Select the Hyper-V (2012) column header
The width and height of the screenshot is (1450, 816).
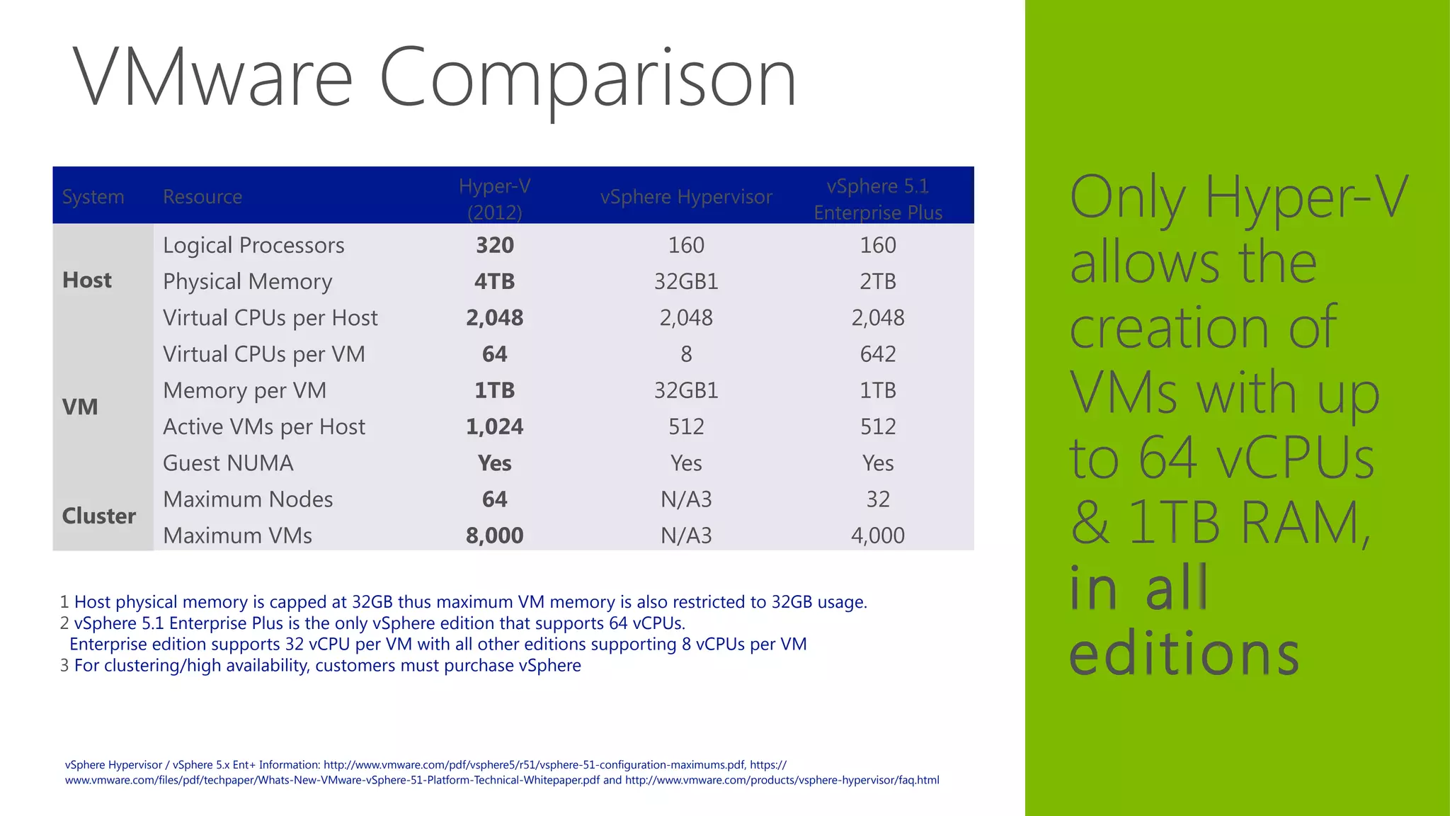click(494, 198)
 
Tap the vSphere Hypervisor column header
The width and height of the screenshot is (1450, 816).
click(686, 197)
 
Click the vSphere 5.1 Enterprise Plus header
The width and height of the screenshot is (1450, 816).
click(878, 198)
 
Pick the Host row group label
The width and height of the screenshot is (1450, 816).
click(87, 280)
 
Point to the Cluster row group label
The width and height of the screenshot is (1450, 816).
click(99, 516)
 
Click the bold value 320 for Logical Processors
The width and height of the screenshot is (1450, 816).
click(494, 245)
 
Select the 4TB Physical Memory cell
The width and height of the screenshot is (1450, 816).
click(494, 281)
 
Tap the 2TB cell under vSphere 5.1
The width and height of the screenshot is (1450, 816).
click(878, 281)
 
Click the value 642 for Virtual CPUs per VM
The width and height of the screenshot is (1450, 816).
click(878, 354)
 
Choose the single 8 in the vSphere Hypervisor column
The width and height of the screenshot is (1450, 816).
click(686, 354)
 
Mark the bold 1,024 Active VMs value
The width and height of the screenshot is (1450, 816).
click(494, 426)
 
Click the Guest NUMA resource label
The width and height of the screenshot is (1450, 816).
click(228, 463)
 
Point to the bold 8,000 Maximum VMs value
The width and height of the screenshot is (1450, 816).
click(494, 535)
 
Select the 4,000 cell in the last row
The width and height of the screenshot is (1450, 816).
click(878, 535)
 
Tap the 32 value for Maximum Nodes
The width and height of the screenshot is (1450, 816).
click(878, 499)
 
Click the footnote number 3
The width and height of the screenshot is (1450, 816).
click(64, 666)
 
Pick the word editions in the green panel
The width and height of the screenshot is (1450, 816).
click(1184, 653)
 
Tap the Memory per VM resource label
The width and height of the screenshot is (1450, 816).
click(245, 390)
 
